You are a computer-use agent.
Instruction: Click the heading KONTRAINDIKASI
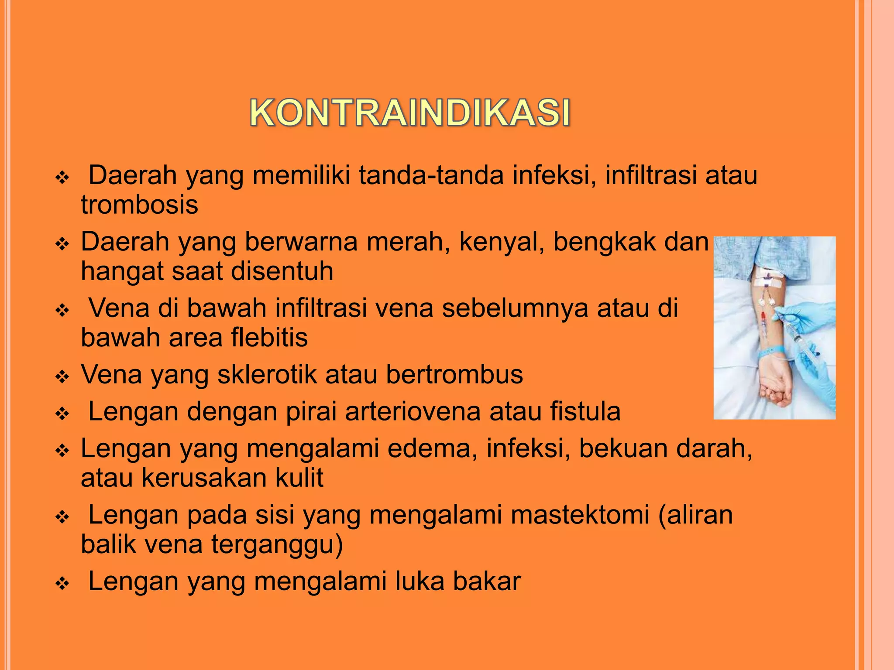pos(410,113)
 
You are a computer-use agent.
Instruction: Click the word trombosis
pos(139,205)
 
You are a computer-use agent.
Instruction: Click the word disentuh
pos(282,271)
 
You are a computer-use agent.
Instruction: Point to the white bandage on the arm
pos(769,279)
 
